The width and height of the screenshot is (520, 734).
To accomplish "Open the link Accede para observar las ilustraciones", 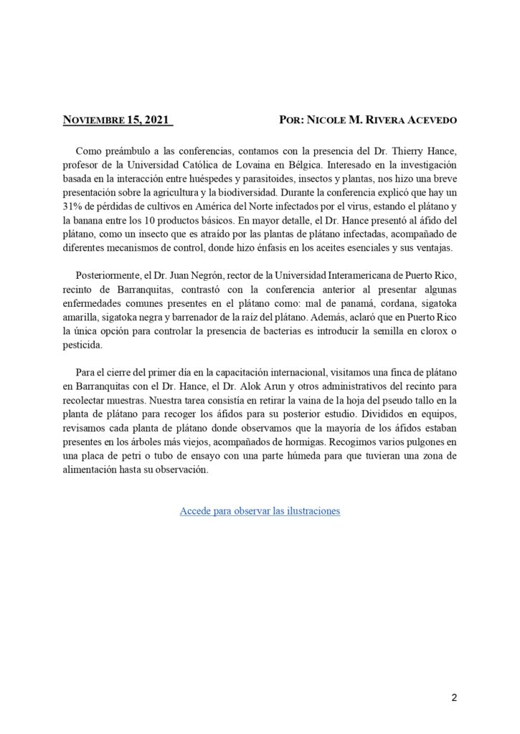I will (260, 511).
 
